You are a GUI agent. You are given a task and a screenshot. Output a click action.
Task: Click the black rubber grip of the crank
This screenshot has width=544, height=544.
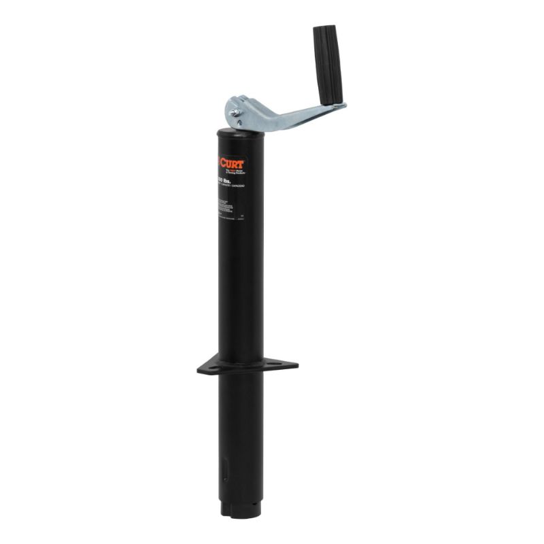[328, 65]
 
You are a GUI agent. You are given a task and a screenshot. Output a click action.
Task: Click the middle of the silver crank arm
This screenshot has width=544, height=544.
[292, 116]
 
